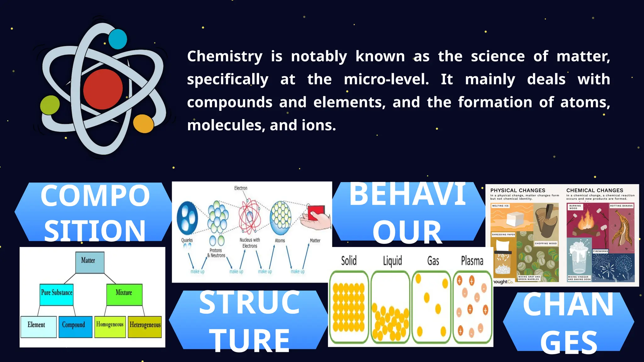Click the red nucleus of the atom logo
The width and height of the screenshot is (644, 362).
coord(103,89)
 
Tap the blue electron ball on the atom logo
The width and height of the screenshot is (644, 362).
coord(118,39)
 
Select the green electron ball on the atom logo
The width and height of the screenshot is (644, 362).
coord(50,105)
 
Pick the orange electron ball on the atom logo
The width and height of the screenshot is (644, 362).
coord(143,123)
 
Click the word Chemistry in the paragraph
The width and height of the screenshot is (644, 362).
coord(225,57)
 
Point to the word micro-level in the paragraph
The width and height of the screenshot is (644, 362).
coord(386,79)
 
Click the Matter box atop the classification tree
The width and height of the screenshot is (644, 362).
coord(90,262)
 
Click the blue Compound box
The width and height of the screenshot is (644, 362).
coord(75,326)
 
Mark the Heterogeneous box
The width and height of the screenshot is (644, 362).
coord(145,326)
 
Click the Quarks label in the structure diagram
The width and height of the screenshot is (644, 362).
coord(187,240)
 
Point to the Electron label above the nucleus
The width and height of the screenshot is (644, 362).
coord(241,188)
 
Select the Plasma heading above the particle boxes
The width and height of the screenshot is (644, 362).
coord(472,261)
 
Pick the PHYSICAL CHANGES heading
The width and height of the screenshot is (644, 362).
coord(518,190)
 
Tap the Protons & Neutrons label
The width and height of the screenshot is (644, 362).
coord(216,253)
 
